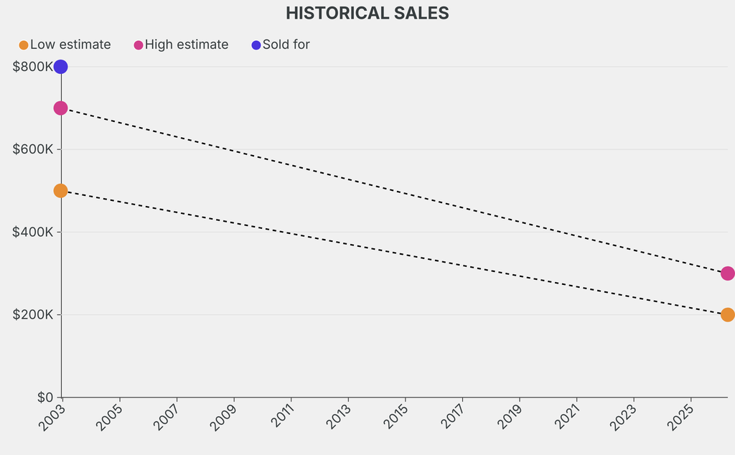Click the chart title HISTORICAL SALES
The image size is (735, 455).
[x=367, y=13]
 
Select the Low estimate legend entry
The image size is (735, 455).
[x=65, y=44]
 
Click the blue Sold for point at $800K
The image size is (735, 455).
[x=61, y=67]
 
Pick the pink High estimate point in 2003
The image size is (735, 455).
[x=61, y=108]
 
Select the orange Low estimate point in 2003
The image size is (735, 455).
[x=61, y=191]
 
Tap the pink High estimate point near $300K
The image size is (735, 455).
[x=727, y=273]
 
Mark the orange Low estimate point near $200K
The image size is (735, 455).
[x=727, y=315]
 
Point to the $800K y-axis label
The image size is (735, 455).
[x=33, y=67]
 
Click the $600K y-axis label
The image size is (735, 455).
[x=33, y=149]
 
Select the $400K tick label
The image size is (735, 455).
[x=33, y=232]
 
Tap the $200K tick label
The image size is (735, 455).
[x=33, y=314]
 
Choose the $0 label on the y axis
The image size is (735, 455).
[x=45, y=397]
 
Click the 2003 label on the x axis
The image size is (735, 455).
[x=51, y=416]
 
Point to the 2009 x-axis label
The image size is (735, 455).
[x=223, y=416]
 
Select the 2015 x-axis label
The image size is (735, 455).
[x=394, y=416]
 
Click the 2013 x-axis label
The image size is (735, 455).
[x=337, y=416]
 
